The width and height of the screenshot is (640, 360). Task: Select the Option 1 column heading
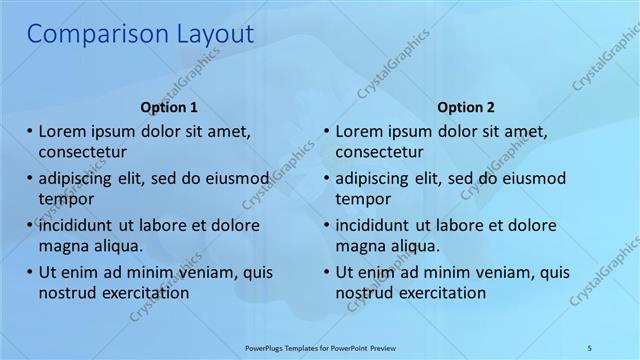(x=169, y=107)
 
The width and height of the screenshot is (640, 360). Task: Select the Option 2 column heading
(x=466, y=107)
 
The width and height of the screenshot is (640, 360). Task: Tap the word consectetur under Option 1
(x=82, y=153)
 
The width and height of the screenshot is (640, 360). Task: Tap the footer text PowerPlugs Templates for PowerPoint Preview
(x=320, y=347)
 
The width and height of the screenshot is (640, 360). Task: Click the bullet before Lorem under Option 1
(x=30, y=131)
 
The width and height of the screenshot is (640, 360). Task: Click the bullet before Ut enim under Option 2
(x=327, y=271)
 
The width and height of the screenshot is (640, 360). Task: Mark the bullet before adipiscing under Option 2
(x=327, y=179)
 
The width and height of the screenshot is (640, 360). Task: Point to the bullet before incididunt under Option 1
(x=30, y=225)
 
